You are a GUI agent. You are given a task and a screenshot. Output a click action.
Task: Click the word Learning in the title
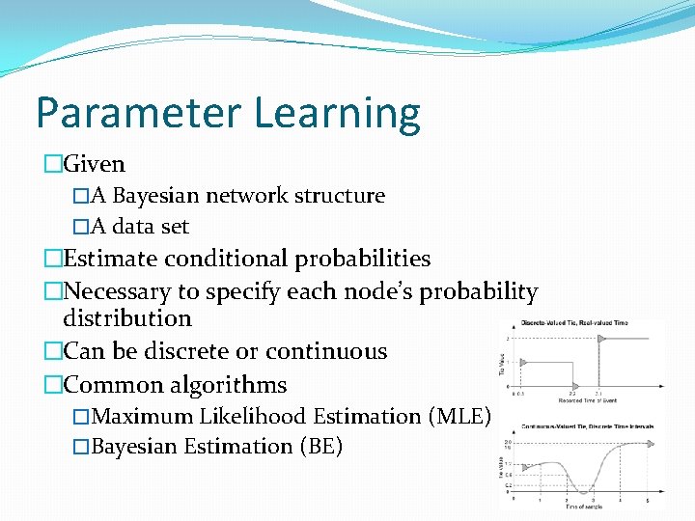pyautogui.click(x=338, y=114)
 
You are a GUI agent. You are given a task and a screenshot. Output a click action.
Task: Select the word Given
pyautogui.click(x=94, y=165)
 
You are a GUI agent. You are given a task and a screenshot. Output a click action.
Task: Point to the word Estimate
pyautogui.click(x=110, y=259)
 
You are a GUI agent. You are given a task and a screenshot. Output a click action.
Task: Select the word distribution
pyautogui.click(x=127, y=318)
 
